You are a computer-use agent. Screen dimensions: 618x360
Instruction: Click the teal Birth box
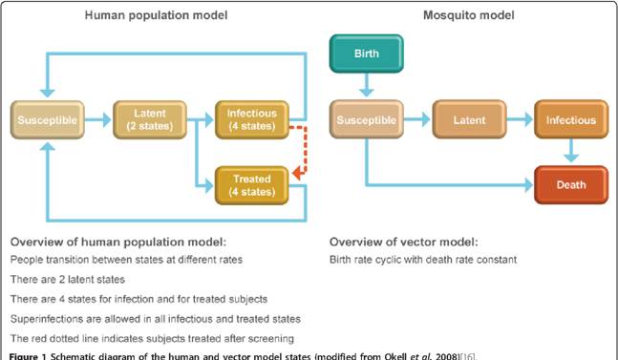click(x=367, y=53)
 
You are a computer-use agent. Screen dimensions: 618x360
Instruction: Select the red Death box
click(x=571, y=184)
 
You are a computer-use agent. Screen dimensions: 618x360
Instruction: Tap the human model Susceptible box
click(x=48, y=119)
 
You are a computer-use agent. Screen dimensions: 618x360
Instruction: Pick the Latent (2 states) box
click(x=150, y=119)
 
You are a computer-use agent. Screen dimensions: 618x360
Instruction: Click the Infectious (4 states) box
click(x=252, y=119)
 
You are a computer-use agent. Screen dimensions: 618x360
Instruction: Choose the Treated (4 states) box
click(x=252, y=185)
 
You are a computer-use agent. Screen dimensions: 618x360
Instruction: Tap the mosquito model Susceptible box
click(x=367, y=119)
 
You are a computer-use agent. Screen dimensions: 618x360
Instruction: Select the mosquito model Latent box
click(x=469, y=119)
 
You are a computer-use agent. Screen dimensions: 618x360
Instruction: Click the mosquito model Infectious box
click(x=571, y=119)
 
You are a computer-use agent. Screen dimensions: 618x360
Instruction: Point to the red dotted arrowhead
click(x=297, y=173)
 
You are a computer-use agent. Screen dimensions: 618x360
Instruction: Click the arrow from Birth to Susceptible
click(x=367, y=85)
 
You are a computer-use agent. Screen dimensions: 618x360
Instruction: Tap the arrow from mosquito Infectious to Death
click(x=571, y=151)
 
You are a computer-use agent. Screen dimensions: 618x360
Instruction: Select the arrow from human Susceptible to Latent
click(x=98, y=119)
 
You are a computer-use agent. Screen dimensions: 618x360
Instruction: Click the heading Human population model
click(x=156, y=15)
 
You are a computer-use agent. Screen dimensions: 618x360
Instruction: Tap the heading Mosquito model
click(x=469, y=15)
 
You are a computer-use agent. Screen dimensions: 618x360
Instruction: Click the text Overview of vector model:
click(x=404, y=242)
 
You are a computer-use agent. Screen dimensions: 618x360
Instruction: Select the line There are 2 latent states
click(x=68, y=279)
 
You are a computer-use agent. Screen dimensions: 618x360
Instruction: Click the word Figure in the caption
click(x=23, y=356)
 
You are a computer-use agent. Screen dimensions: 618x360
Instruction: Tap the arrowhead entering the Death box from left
click(x=529, y=185)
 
